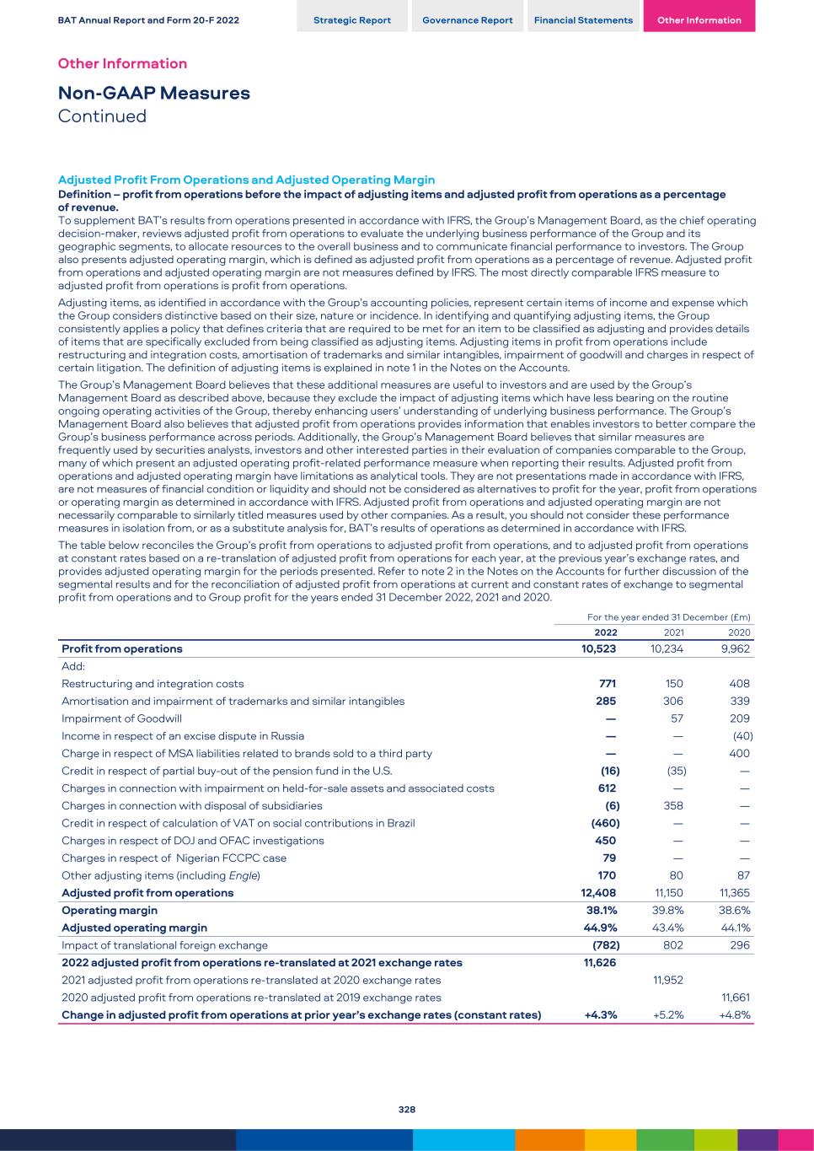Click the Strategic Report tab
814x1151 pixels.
click(x=352, y=19)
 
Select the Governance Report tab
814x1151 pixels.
click(x=468, y=19)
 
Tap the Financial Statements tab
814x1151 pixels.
click(x=583, y=19)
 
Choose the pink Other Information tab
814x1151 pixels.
click(x=699, y=19)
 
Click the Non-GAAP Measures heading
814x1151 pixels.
click(x=154, y=93)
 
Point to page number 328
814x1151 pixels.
click(x=407, y=1110)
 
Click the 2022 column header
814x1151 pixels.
click(x=605, y=632)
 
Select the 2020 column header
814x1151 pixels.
click(x=739, y=632)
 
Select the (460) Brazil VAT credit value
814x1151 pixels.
click(x=603, y=823)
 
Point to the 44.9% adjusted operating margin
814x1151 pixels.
click(x=602, y=928)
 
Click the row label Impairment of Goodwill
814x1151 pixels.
click(x=121, y=718)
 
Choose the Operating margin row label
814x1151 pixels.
click(x=110, y=911)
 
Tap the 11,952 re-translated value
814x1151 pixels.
click(x=668, y=980)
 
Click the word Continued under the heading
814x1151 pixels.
click(x=102, y=116)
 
